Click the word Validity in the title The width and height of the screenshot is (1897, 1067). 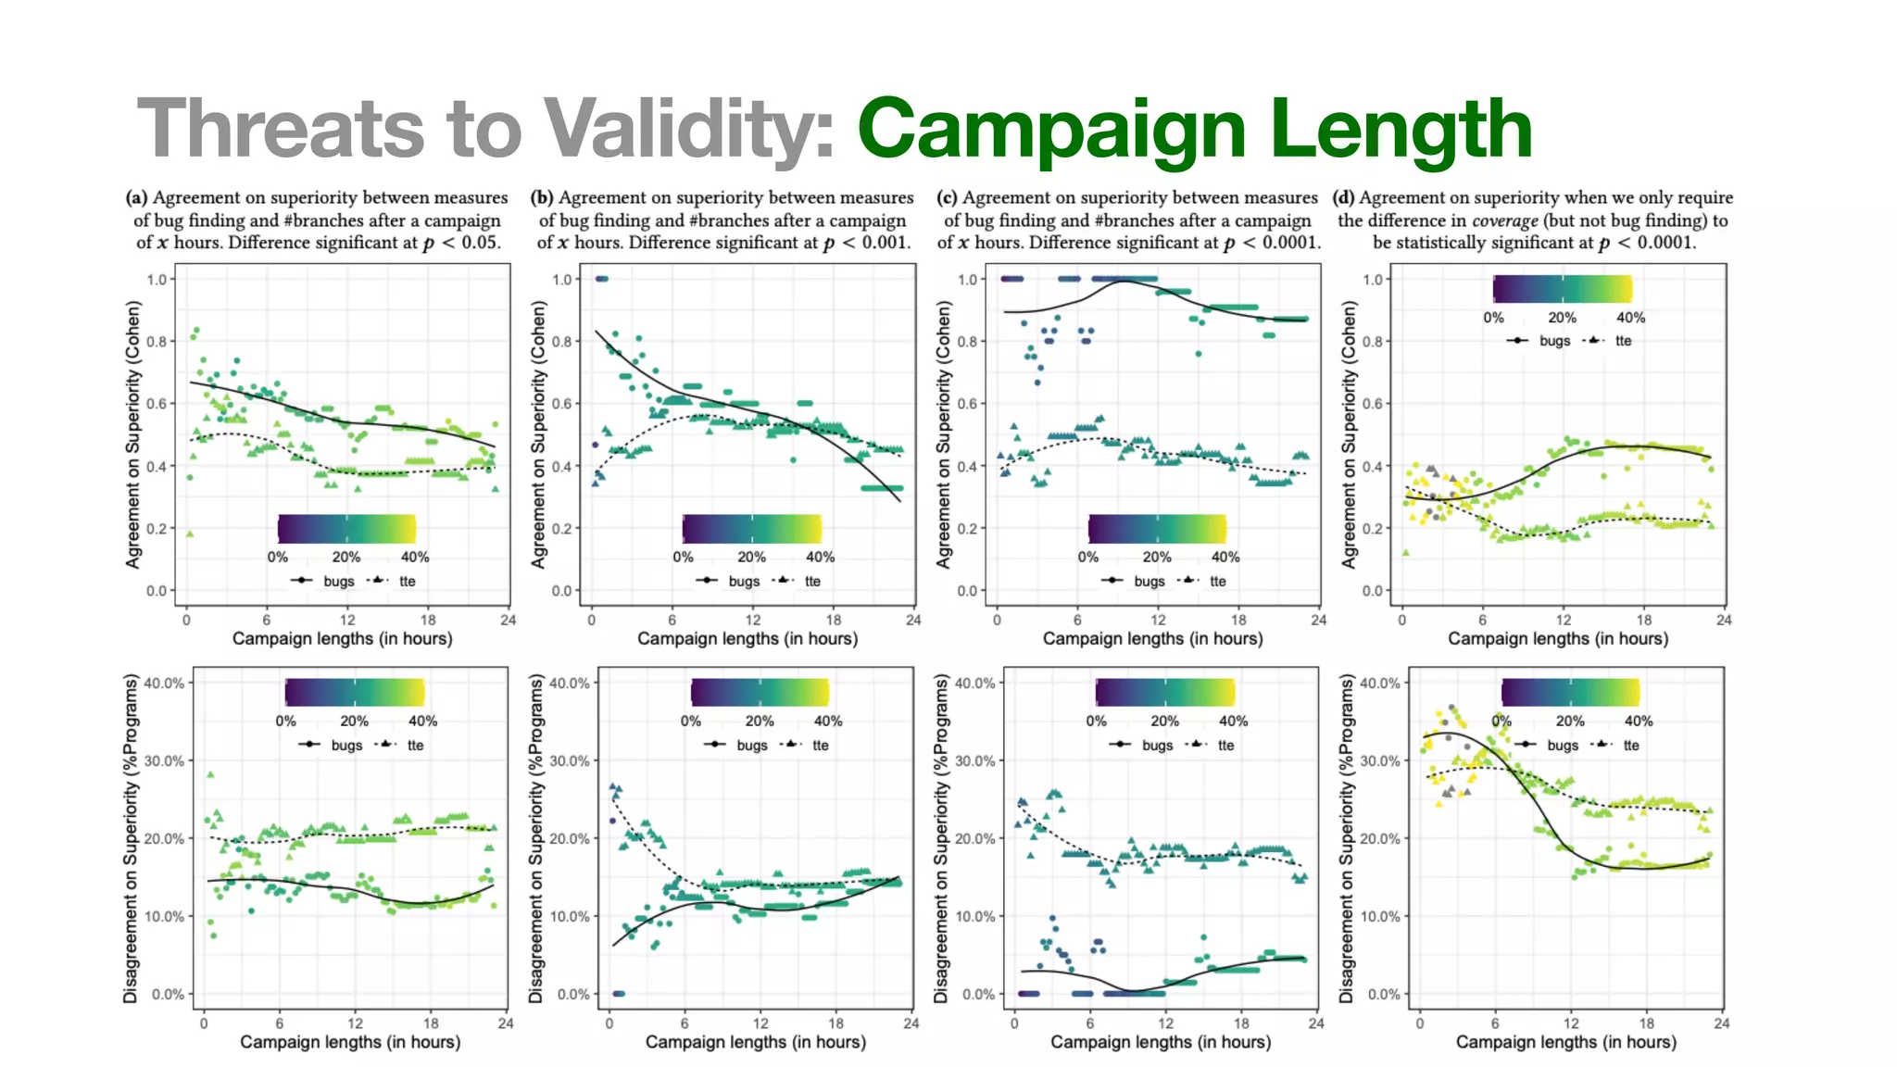tap(689, 129)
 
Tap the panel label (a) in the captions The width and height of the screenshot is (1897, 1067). tap(137, 197)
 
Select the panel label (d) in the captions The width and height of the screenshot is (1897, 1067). tap(1343, 197)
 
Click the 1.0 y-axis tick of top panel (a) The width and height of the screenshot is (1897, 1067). tap(157, 279)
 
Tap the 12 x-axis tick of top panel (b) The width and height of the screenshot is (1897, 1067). tap(752, 620)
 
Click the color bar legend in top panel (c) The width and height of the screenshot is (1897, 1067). tap(1157, 529)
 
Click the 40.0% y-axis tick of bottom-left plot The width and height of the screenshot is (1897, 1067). tap(165, 683)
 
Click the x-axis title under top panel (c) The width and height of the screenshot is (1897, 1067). tap(1152, 638)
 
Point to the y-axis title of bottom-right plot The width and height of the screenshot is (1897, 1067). tap(1348, 837)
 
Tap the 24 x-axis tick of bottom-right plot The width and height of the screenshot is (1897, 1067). tap(1721, 1023)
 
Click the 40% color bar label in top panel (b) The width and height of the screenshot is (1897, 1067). tap(820, 557)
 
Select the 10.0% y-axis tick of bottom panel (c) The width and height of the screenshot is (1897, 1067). tap(975, 916)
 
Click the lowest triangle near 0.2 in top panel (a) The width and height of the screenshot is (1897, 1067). tap(189, 533)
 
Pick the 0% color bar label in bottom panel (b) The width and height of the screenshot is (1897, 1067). tap(691, 721)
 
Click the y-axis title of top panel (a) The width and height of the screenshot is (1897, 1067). tap(132, 433)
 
